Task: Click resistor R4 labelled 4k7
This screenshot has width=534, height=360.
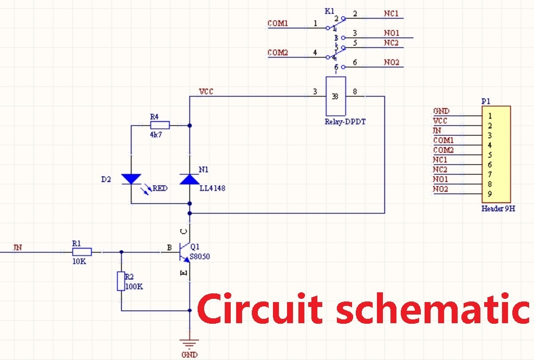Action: [160, 125]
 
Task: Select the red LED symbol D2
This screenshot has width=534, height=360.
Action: [131, 179]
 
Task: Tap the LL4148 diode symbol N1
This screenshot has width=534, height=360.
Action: [189, 179]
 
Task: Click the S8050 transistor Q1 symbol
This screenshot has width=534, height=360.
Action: [185, 252]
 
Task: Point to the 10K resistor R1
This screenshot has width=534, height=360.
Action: [82, 252]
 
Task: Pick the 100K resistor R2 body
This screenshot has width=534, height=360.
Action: [121, 282]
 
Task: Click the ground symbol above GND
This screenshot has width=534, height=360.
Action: [190, 343]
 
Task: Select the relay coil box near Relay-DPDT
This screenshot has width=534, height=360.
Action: [335, 96]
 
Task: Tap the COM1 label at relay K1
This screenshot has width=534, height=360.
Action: [278, 24]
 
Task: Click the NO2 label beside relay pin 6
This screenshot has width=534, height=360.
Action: [392, 63]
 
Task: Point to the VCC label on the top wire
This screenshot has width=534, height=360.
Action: [206, 91]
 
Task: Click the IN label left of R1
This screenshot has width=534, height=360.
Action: [18, 248]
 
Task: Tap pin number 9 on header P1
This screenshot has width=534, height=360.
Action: [490, 194]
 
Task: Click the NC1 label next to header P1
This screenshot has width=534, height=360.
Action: [440, 160]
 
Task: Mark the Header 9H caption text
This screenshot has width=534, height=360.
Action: [498, 208]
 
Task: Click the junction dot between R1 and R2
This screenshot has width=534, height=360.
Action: [121, 252]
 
